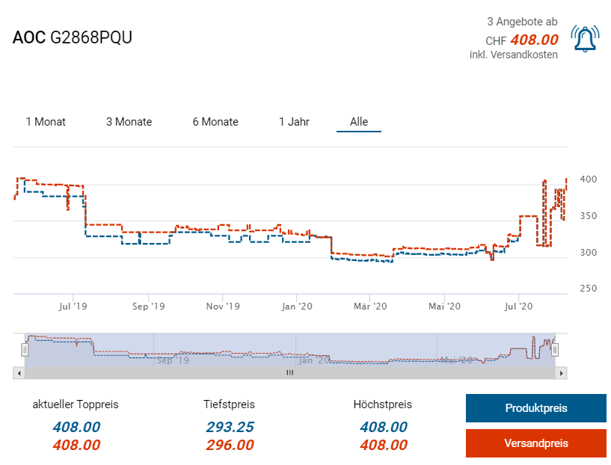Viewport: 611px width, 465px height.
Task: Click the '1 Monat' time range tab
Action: tap(46, 122)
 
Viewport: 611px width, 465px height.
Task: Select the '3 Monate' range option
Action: tap(129, 122)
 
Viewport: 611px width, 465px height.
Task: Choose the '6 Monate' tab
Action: tap(215, 122)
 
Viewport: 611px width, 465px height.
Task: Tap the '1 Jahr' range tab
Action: tap(294, 122)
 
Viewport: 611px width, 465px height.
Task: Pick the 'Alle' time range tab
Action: tap(359, 122)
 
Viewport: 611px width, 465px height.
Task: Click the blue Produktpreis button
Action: tap(535, 408)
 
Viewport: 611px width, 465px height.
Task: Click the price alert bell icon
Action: tap(584, 39)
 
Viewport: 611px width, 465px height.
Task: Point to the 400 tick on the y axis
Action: tap(587, 179)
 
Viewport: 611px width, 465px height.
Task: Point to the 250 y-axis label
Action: tap(587, 289)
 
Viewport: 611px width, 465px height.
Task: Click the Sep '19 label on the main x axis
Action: tap(148, 306)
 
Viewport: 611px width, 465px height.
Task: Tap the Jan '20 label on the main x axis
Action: tap(297, 306)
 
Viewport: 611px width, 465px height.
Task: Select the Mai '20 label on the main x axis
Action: tap(445, 306)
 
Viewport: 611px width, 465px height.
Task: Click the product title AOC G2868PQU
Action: tap(73, 38)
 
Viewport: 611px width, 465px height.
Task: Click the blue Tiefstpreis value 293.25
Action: tap(229, 428)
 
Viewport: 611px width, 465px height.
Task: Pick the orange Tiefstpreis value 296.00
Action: tap(229, 446)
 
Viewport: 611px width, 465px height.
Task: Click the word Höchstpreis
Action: tap(383, 404)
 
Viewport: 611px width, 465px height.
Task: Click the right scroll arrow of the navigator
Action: tap(562, 372)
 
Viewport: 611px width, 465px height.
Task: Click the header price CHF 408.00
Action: tap(522, 40)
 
